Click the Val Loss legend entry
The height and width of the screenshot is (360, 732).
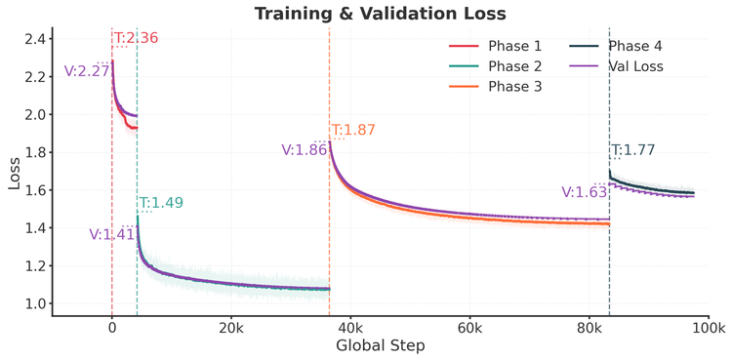tap(633, 66)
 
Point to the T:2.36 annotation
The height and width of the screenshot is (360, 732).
tap(136, 39)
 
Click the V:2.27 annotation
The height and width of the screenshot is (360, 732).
tap(86, 70)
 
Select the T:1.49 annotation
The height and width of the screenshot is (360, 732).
tap(161, 203)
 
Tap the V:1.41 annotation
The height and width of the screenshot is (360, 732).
tap(111, 234)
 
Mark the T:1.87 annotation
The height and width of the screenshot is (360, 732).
tap(353, 131)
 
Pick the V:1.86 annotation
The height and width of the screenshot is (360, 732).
tap(304, 150)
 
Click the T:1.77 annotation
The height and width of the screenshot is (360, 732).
tap(633, 150)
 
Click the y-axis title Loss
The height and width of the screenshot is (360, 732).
tap(14, 173)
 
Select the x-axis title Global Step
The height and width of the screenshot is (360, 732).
tap(380, 346)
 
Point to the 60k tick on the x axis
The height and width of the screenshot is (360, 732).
tap(469, 328)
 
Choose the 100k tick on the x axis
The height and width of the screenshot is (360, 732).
tap(709, 328)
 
